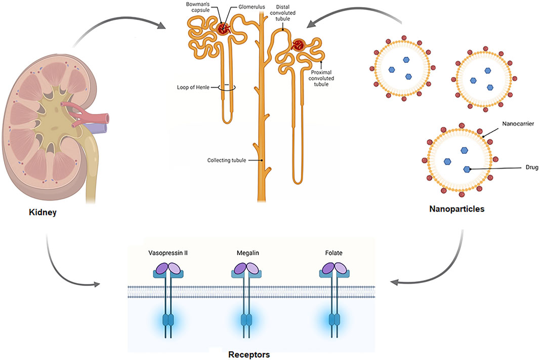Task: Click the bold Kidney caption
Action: pos(43,213)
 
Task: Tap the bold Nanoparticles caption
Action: pos(457,208)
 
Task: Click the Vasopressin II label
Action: pos(169,252)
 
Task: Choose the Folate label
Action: pos(334,252)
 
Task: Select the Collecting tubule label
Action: pos(227,161)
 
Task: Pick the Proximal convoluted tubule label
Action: pos(321,78)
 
